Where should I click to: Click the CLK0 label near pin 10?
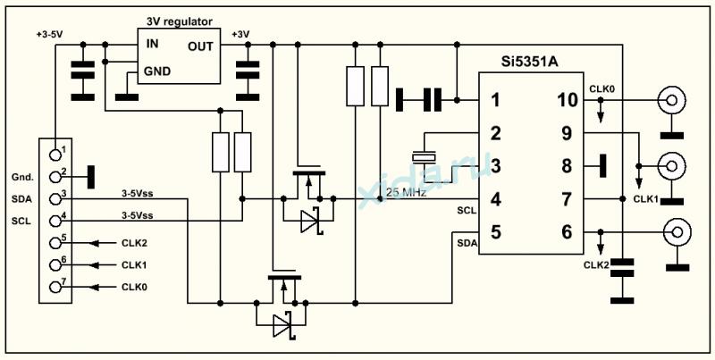tap(601, 88)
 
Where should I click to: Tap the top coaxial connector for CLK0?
tap(670, 100)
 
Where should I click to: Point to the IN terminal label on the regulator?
tap(154, 43)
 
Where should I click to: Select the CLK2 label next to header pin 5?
tap(133, 242)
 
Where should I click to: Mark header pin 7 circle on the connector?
tap(55, 288)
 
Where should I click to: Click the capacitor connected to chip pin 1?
tap(420, 99)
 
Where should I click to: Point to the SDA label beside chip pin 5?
tap(467, 243)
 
